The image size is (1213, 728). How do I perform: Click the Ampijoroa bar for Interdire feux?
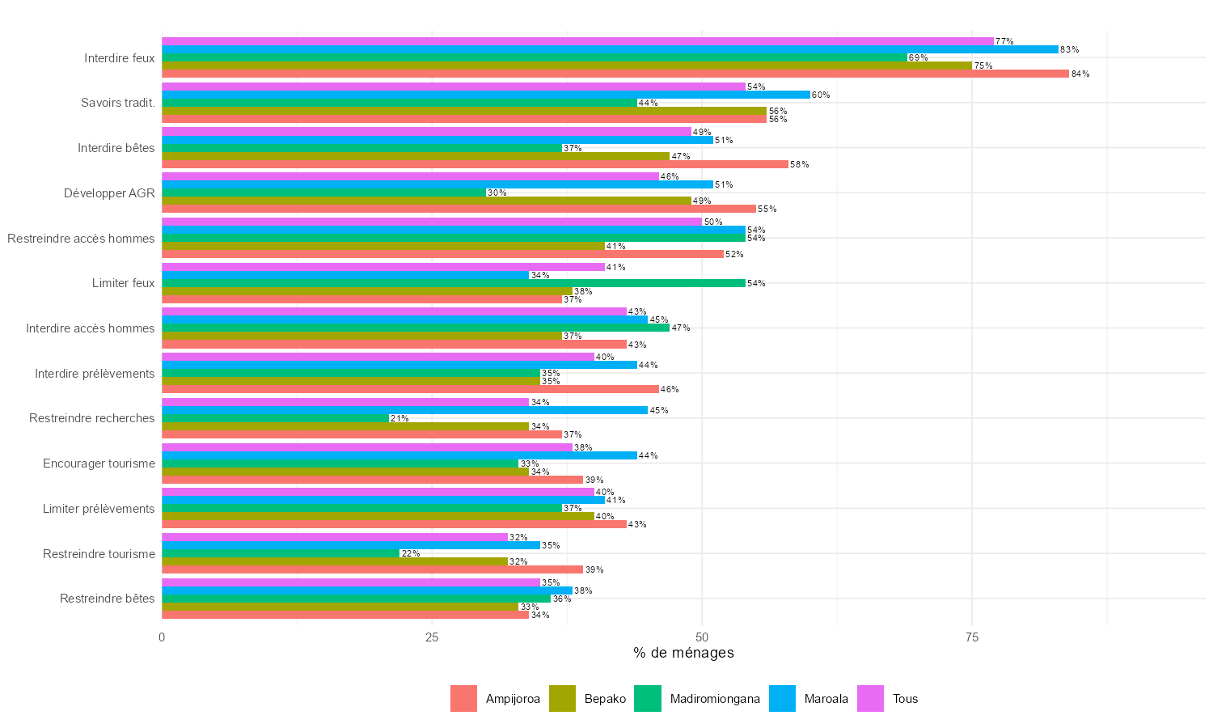click(615, 74)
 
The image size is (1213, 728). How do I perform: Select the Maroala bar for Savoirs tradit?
click(485, 95)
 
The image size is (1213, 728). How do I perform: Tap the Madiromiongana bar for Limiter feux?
click(453, 283)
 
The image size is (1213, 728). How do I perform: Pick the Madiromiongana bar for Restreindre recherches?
click(275, 418)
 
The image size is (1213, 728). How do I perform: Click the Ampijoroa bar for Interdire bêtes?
click(475, 164)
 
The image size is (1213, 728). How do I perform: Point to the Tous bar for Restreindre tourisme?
click(335, 537)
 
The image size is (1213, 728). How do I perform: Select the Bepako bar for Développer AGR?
click(426, 201)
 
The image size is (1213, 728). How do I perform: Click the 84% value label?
click(1080, 74)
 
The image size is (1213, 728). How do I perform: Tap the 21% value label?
click(399, 418)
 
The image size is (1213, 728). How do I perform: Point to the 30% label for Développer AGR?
click(497, 193)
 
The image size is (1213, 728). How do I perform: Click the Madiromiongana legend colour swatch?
click(648, 699)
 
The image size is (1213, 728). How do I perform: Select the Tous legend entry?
click(905, 699)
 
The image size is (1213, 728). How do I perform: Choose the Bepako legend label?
click(605, 699)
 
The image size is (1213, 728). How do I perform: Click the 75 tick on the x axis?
click(972, 637)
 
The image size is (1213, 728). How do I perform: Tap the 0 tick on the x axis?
click(162, 637)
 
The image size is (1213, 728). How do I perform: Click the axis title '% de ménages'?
click(683, 653)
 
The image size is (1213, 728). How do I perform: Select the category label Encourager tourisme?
click(99, 463)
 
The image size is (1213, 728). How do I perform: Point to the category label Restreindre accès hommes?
click(81, 239)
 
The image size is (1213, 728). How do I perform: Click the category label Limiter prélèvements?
click(99, 509)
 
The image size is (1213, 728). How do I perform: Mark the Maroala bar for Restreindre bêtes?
click(367, 590)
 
